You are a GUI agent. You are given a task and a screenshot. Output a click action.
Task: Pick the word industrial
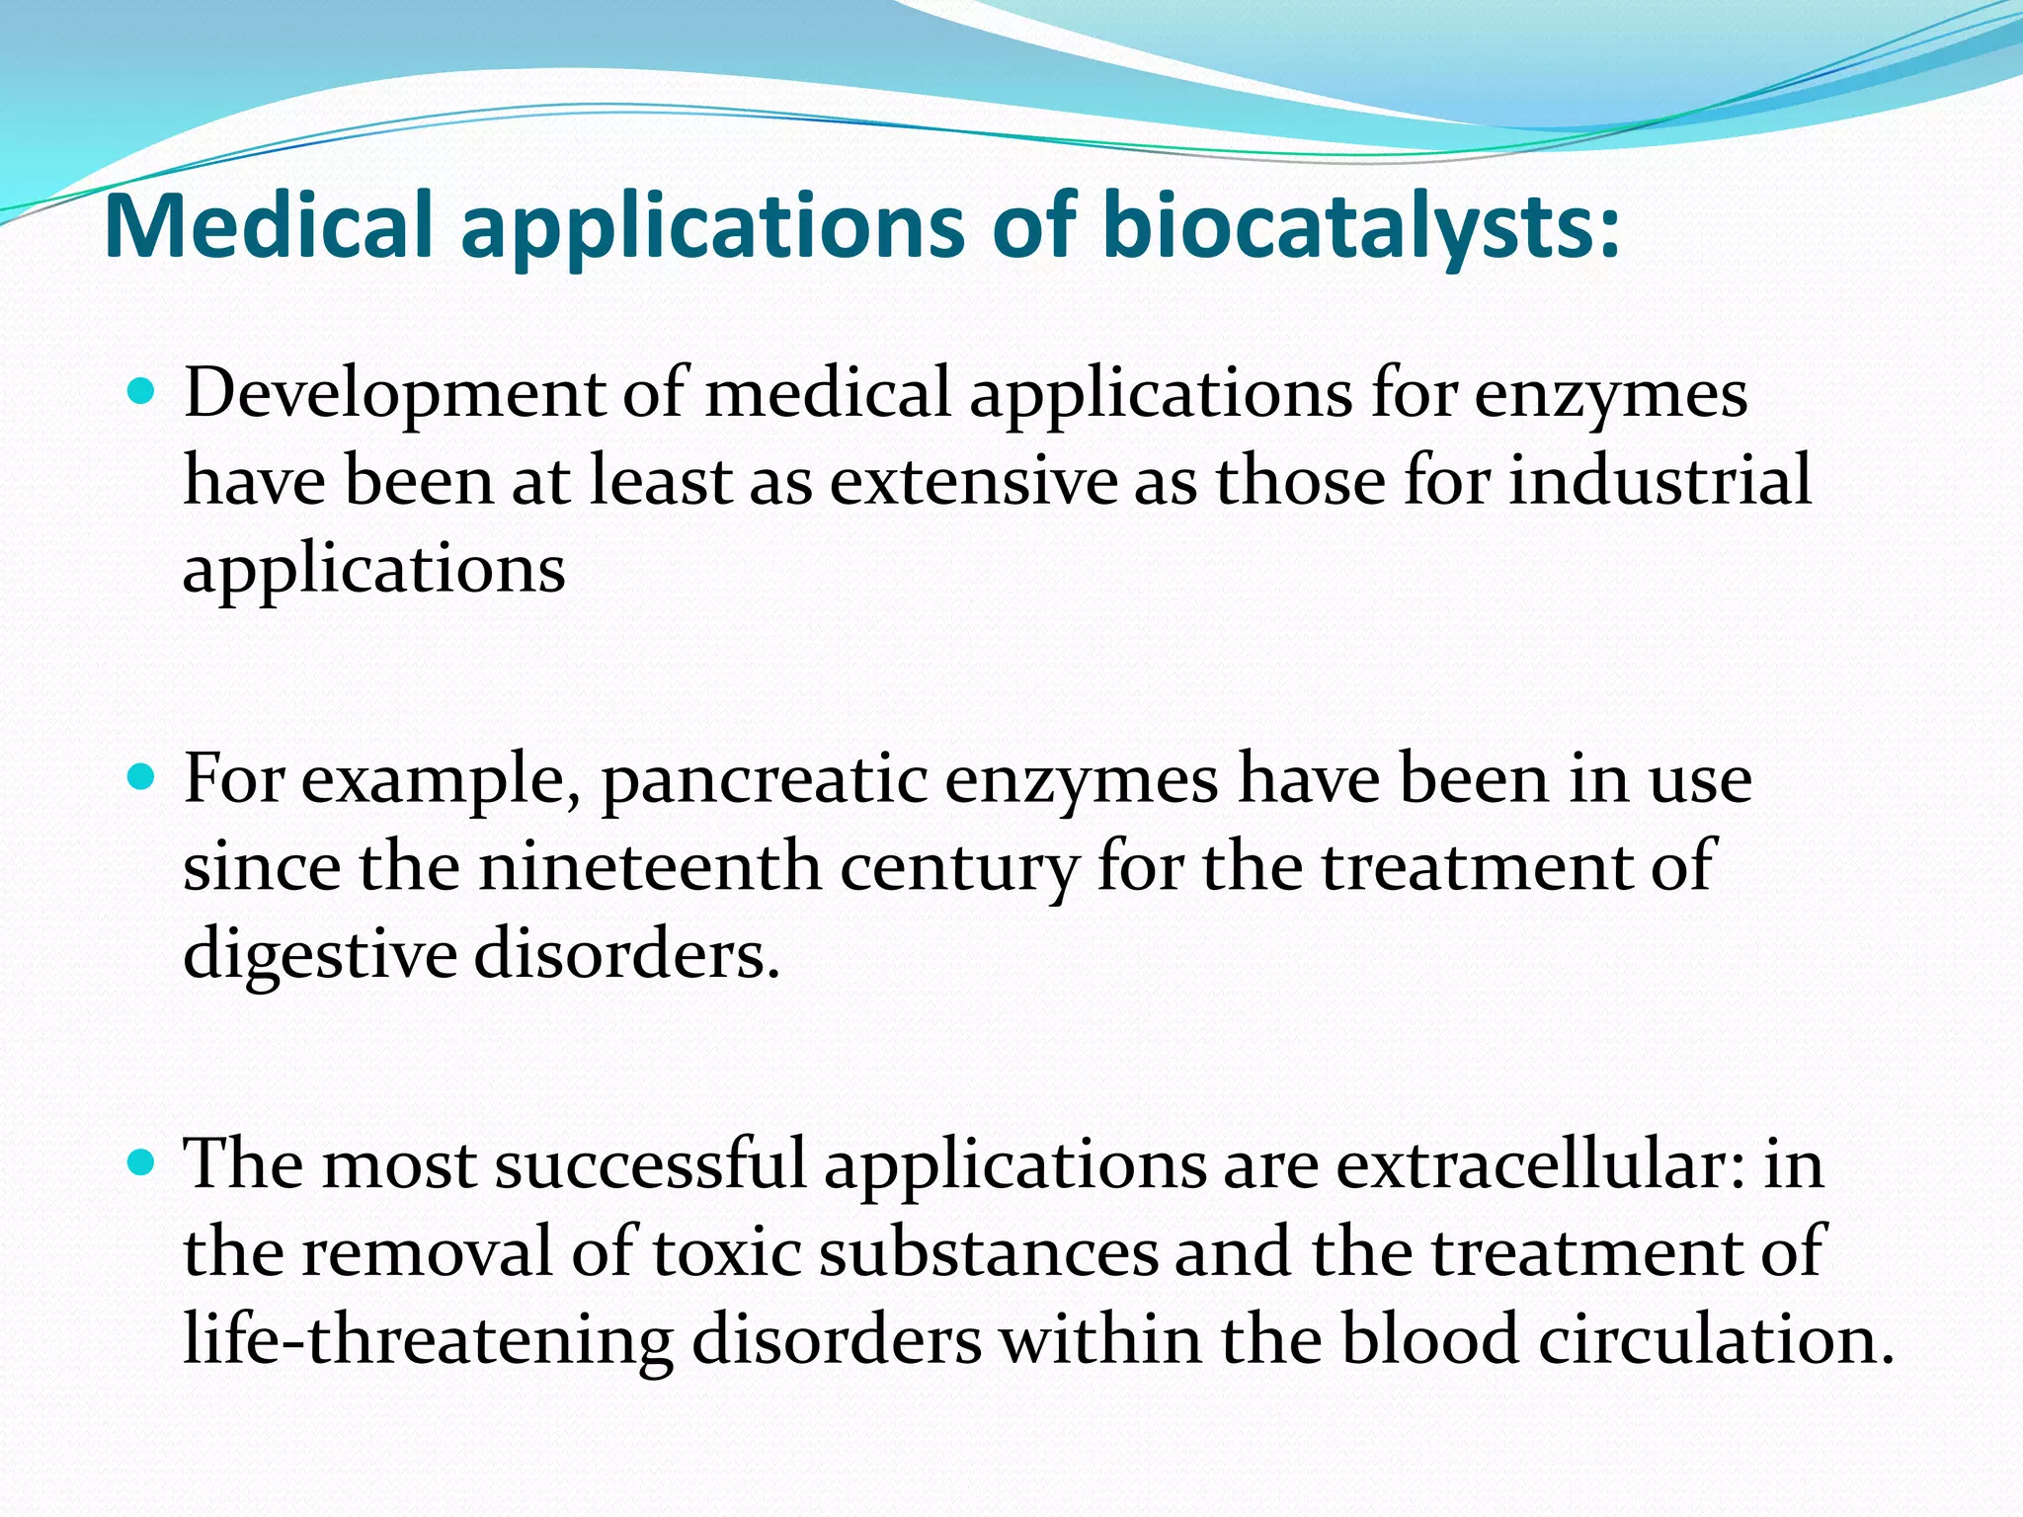tap(1659, 481)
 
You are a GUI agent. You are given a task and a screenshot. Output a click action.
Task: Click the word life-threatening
tap(428, 1341)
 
